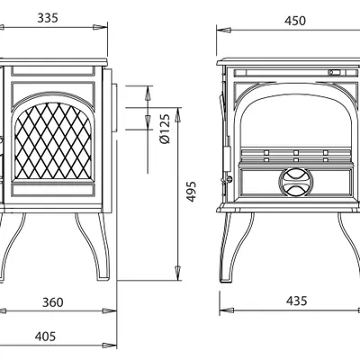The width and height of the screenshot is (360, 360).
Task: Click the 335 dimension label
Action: (x=48, y=18)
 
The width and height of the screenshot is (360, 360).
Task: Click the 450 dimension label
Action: (x=295, y=21)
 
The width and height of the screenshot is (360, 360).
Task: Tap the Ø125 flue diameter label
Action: (x=165, y=129)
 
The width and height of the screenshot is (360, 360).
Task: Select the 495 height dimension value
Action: (x=191, y=192)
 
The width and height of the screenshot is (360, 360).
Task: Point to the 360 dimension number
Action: (x=53, y=302)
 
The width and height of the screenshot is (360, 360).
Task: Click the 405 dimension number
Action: (x=45, y=337)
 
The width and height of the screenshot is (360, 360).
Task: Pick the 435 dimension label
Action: (x=296, y=301)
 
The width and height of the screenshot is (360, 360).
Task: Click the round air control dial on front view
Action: (x=296, y=182)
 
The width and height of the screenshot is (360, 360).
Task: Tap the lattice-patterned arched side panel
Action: (x=53, y=141)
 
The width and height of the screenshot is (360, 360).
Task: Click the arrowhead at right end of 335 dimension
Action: (x=100, y=27)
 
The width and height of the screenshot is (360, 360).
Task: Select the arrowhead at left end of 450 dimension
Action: (x=224, y=30)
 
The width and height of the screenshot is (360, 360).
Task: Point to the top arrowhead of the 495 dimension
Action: (x=178, y=114)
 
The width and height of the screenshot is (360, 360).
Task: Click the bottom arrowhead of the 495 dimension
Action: (x=178, y=273)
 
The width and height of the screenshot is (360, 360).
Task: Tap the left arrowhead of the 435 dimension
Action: (x=227, y=310)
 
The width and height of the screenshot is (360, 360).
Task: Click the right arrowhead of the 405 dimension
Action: (x=109, y=346)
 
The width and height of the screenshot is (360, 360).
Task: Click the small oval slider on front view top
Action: (x=334, y=72)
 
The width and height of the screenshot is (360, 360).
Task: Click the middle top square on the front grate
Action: (x=296, y=152)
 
